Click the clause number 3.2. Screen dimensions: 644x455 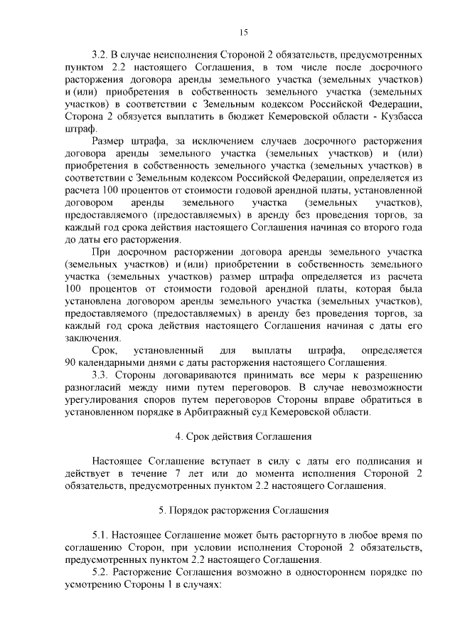coord(100,54)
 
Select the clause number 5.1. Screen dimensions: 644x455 coord(100,534)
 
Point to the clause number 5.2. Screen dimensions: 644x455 coord(100,571)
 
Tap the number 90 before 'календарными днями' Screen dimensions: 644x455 coord(70,363)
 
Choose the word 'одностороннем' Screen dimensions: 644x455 coord(325,571)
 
